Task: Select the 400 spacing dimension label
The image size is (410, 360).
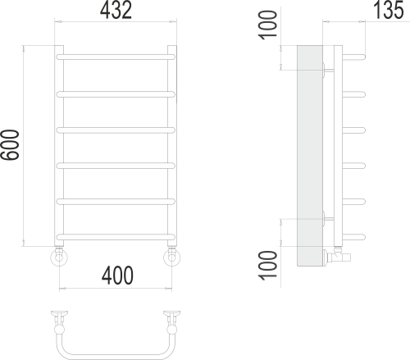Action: [116, 277]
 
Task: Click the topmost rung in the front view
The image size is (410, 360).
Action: [116, 57]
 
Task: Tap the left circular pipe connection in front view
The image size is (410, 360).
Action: [59, 259]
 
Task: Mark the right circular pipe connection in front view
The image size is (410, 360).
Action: [172, 259]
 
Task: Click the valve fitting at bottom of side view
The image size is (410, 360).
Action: [339, 256]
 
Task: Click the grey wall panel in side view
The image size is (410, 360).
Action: [309, 156]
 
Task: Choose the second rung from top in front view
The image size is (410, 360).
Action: [116, 93]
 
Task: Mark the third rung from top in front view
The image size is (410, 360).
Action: [116, 129]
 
